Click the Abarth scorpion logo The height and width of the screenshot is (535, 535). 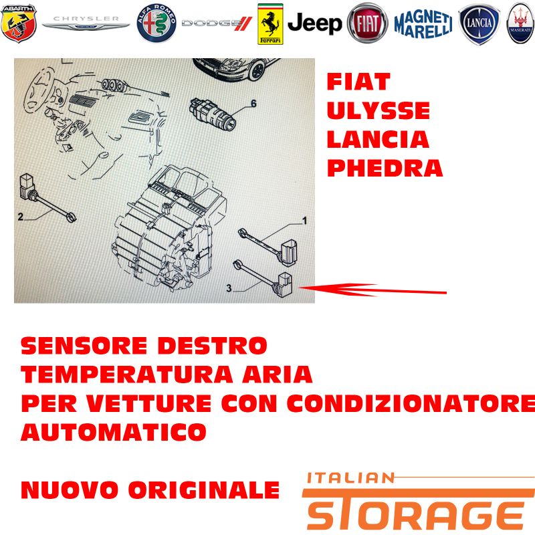tap(19, 23)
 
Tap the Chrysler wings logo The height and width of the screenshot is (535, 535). tap(86, 23)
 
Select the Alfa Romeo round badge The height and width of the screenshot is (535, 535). tap(156, 23)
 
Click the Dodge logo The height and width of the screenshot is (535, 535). tap(217, 23)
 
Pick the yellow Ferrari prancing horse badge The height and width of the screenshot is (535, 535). tap(270, 24)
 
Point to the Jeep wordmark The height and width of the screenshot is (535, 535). tap(314, 23)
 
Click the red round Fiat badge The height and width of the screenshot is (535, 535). tap(367, 23)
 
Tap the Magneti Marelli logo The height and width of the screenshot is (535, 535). tap(423, 24)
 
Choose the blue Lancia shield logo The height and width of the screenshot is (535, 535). tap(479, 24)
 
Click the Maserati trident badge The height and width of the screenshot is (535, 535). tap(521, 23)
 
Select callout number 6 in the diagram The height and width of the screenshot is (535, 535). tap(253, 104)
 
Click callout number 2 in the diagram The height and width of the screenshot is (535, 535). tap(21, 217)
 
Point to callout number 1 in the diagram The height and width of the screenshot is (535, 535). tap(305, 221)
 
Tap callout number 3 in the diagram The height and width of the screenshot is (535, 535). tap(229, 288)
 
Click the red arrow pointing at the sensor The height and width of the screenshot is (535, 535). tap(372, 290)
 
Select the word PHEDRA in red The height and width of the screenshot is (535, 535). tap(385, 169)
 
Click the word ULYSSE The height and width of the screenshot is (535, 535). tap(378, 110)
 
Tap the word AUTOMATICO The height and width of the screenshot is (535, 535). tap(114, 432)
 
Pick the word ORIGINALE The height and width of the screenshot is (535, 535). tap(204, 490)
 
